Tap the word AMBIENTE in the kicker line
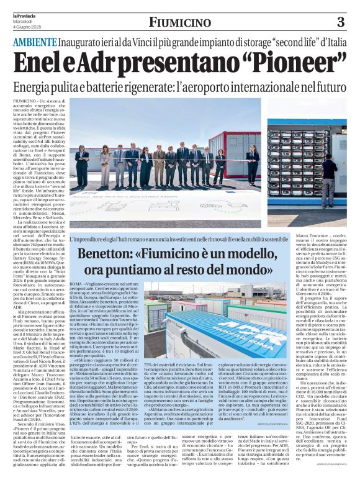click(34, 42)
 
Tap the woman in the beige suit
click(106, 165)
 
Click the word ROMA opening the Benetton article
click(76, 283)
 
